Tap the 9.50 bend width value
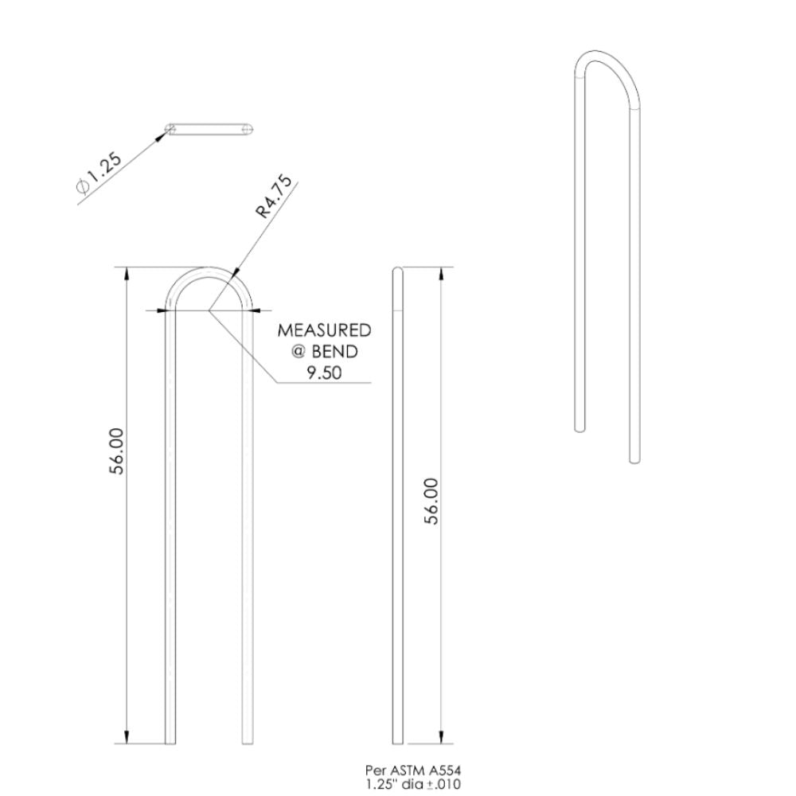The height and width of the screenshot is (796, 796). pyautogui.click(x=323, y=372)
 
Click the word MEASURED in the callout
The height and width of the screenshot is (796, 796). pyautogui.click(x=324, y=330)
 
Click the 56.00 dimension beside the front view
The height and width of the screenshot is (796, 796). pyautogui.click(x=117, y=451)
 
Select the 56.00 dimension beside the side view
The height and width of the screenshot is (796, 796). pyautogui.click(x=431, y=501)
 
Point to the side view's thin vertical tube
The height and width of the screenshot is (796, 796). pyautogui.click(x=398, y=509)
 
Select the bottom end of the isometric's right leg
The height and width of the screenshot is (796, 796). pyautogui.click(x=634, y=458)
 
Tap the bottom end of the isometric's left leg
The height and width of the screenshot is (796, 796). pyautogui.click(x=580, y=429)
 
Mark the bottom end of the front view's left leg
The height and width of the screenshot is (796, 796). pyautogui.click(x=170, y=742)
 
